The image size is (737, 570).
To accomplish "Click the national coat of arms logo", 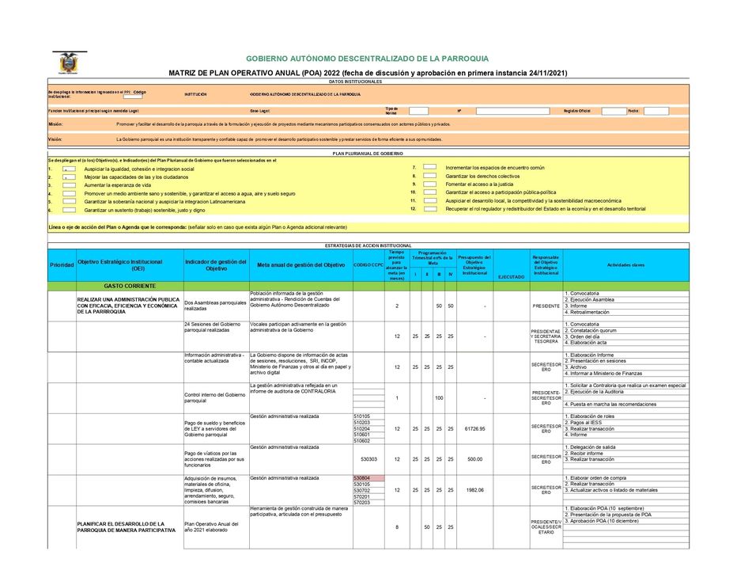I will tap(69, 63).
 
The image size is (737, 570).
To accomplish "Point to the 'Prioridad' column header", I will tap(61, 264).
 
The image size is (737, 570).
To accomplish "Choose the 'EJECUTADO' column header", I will tap(511, 276).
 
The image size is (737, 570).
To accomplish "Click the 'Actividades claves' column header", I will tap(626, 264).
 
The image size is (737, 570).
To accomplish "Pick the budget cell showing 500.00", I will tap(474, 458).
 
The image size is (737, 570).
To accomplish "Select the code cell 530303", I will tap(368, 458).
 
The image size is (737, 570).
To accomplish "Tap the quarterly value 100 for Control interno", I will tap(438, 397).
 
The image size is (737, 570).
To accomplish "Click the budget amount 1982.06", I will tap(474, 489).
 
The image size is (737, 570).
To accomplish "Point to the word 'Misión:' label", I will tap(55, 124).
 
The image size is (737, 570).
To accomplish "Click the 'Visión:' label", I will tap(55, 139).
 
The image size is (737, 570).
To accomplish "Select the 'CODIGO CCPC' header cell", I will tap(368, 264).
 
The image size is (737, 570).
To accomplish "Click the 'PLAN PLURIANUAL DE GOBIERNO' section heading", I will tap(368, 153).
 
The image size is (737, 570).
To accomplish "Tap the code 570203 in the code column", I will tap(362, 502).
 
